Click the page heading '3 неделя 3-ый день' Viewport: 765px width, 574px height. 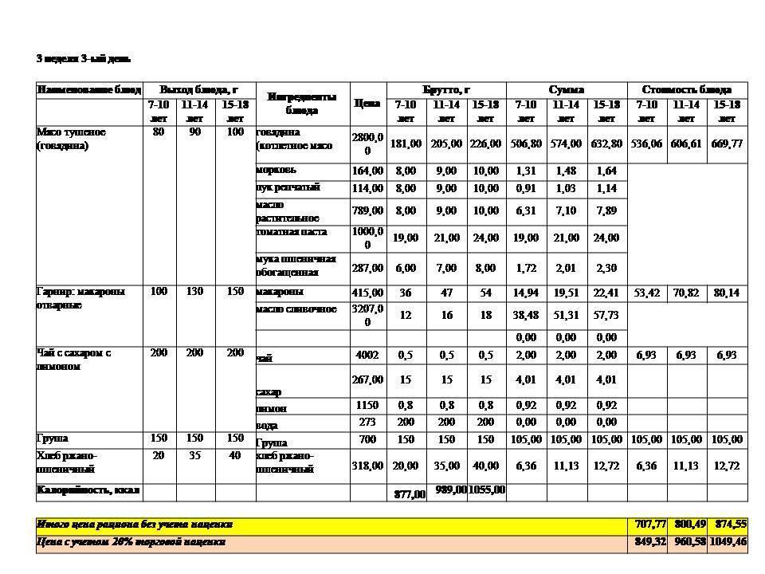[x=83, y=59]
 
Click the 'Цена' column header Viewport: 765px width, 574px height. [x=367, y=103]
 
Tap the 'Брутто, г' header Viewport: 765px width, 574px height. [x=446, y=89]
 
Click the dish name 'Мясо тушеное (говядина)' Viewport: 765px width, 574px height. [x=72, y=139]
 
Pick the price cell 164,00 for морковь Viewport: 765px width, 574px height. [x=367, y=171]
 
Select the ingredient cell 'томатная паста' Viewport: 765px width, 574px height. [x=292, y=232]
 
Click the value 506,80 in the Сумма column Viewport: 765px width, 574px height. [x=526, y=144]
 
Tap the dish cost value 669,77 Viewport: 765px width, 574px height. [x=727, y=144]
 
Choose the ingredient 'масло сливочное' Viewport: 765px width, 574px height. [x=296, y=309]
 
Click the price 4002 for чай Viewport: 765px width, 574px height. [x=367, y=355]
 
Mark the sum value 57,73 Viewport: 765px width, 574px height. [x=606, y=315]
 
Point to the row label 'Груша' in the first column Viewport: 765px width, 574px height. [x=53, y=438]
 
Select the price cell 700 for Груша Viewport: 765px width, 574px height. [x=367, y=440]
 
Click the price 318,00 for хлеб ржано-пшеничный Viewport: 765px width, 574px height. [x=367, y=466]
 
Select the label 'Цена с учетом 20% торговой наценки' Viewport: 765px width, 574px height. [x=131, y=542]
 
